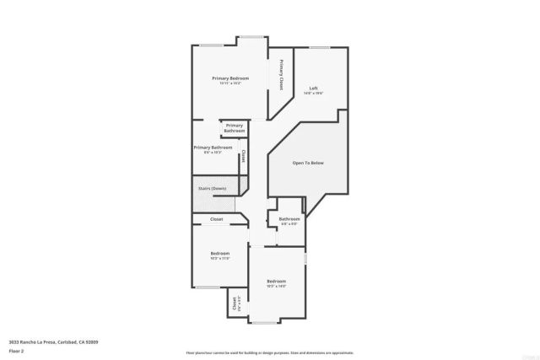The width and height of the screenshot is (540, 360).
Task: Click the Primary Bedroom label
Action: click(x=229, y=78)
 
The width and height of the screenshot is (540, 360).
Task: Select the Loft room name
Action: click(x=313, y=88)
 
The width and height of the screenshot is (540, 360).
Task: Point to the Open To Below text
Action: click(x=308, y=163)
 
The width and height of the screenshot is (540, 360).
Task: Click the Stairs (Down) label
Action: click(x=212, y=188)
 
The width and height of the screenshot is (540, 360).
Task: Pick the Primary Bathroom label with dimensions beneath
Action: click(x=213, y=148)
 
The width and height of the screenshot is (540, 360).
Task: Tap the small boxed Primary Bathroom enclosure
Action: click(x=234, y=129)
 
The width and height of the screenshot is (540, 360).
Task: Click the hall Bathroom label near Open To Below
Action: click(x=289, y=219)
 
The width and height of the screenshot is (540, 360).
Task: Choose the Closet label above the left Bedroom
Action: click(x=217, y=219)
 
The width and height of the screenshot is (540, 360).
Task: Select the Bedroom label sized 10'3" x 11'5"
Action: click(x=219, y=253)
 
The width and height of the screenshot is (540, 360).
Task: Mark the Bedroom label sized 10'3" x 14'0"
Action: click(x=277, y=281)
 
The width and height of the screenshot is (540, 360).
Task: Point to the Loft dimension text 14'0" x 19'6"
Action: click(x=313, y=93)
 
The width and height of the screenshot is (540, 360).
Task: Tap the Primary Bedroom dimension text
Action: click(x=229, y=83)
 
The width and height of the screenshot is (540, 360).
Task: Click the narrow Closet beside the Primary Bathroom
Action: click(x=243, y=156)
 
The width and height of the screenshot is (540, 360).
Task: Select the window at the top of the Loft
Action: click(x=318, y=47)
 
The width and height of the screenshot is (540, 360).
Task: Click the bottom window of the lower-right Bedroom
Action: click(x=264, y=323)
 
